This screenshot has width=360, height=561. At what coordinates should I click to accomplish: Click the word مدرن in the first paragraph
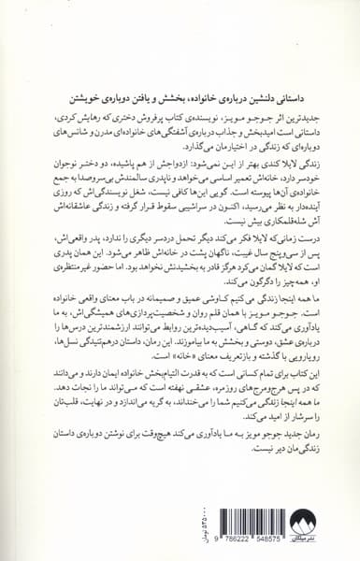[94, 137]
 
